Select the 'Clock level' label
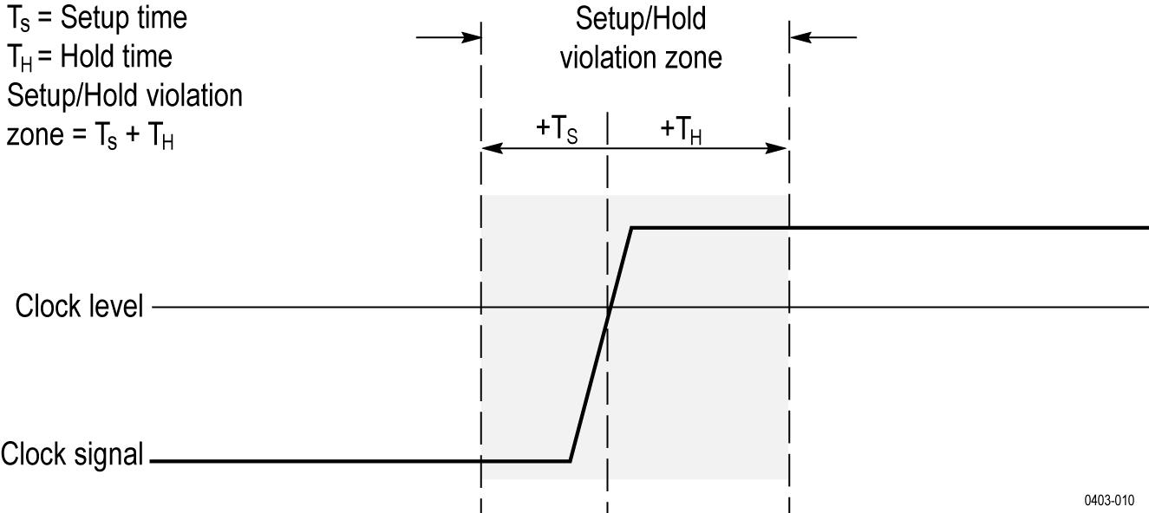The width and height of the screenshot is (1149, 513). point(79,307)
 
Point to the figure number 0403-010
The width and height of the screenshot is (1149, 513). point(1108,500)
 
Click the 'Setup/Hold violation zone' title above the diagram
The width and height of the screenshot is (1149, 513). point(641,38)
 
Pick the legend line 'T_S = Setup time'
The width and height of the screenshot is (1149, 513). point(97,17)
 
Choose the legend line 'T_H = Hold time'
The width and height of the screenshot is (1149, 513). point(90,57)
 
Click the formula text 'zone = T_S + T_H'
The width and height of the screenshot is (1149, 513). point(91,135)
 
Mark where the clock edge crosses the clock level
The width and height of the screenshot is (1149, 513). point(609,308)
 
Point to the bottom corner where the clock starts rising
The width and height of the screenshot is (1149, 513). point(570,460)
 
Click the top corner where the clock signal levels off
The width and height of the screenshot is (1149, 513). point(631,227)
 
